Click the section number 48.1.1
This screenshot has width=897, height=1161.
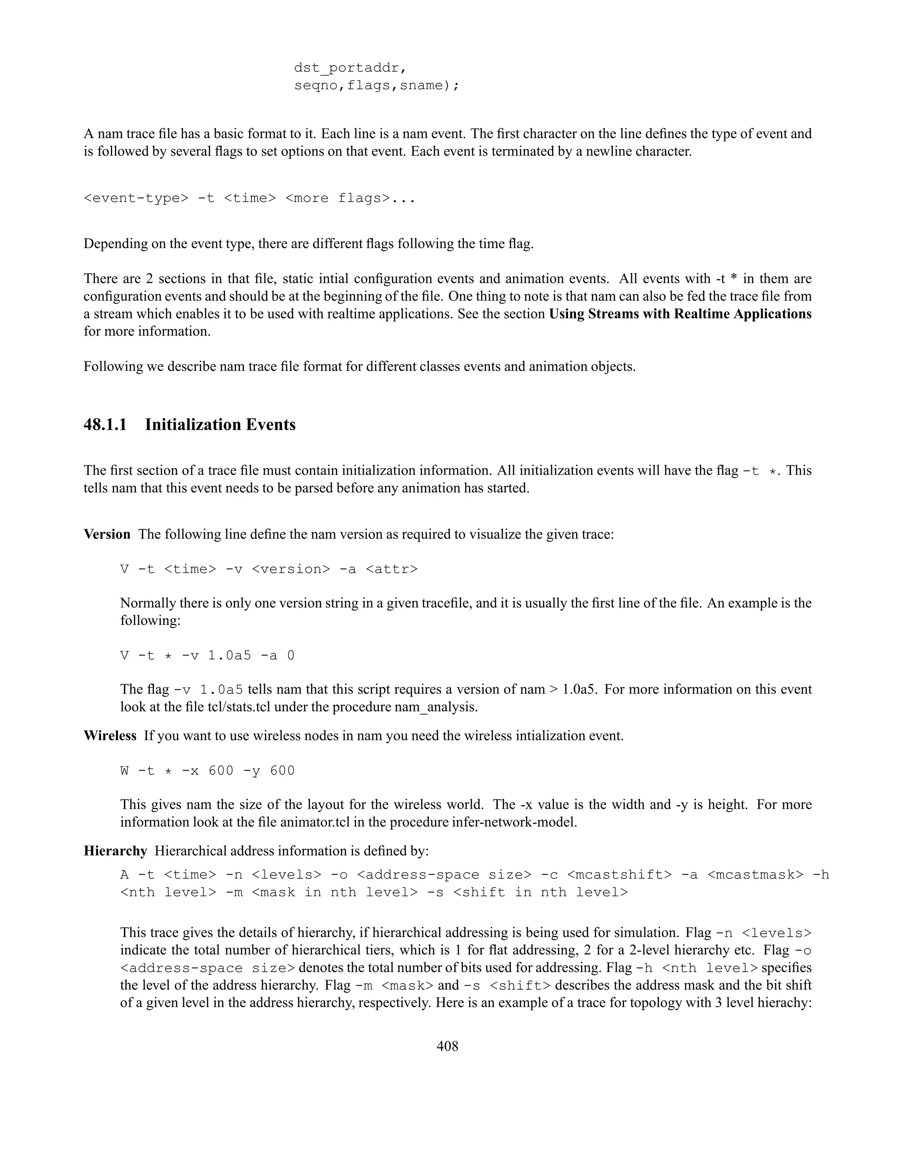105,425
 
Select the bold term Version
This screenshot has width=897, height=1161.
107,534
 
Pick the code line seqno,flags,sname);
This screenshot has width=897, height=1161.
376,85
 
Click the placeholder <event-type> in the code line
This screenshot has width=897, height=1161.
136,198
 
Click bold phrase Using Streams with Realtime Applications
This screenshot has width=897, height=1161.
680,314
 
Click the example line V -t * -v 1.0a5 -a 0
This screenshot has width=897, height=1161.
207,655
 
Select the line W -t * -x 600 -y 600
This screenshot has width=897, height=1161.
207,771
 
